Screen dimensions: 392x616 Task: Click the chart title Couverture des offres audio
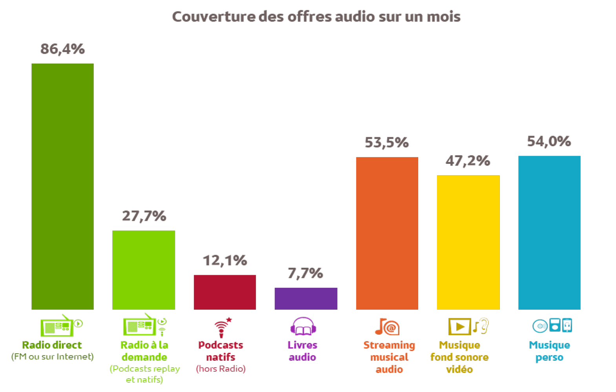[316, 16]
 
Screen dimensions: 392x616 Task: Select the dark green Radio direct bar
[62, 187]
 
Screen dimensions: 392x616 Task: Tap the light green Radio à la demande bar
[144, 270]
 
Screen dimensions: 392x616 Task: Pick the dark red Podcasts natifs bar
[225, 292]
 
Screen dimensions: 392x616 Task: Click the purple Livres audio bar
[306, 299]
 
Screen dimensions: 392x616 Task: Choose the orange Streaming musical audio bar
[387, 233]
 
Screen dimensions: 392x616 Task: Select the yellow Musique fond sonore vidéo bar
[468, 242]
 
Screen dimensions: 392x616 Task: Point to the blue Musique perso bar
[549, 232]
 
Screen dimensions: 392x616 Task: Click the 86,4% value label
[62, 49]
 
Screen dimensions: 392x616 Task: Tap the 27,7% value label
[144, 216]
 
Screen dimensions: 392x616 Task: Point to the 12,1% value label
[225, 260]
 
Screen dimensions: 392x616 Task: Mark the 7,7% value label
[305, 273]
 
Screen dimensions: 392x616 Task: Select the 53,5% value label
[387, 143]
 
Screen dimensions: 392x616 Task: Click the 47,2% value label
[468, 161]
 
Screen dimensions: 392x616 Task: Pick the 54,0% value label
[549, 141]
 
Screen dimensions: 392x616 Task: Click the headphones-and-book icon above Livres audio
[303, 327]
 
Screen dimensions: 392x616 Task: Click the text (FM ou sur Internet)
[52, 357]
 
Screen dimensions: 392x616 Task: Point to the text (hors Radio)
[221, 369]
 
